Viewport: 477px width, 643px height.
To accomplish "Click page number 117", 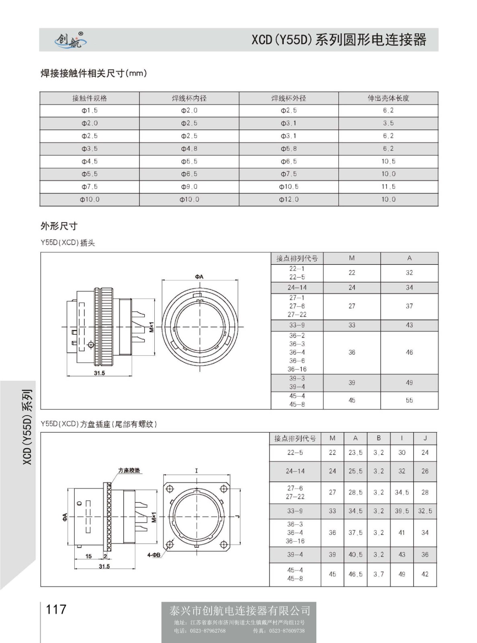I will point(56,609).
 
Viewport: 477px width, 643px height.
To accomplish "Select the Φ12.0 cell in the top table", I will point(289,199).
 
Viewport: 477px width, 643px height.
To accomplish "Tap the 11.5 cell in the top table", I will point(388,186).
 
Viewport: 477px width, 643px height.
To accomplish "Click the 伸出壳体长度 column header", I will point(388,98).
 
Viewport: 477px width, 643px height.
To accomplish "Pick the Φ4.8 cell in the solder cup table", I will point(189,149).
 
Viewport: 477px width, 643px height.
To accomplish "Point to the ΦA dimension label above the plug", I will point(199,276).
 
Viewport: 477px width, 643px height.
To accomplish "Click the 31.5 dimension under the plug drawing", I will point(99,373).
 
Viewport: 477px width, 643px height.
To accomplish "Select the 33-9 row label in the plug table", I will point(297,325).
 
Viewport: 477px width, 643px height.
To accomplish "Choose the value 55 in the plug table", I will point(409,400).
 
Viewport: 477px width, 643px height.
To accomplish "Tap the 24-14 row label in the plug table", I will point(297,287).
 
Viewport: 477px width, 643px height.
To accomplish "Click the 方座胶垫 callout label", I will point(129,470).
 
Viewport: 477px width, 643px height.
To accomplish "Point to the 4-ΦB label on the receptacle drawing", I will point(154,555).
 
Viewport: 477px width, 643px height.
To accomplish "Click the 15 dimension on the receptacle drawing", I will point(88,556).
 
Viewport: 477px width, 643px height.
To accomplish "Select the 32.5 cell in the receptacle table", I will point(425,511).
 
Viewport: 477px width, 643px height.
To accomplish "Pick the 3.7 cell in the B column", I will point(378,574).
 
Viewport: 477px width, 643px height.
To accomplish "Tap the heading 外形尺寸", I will point(59,226).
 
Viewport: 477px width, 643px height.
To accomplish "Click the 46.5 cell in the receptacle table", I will point(355,574).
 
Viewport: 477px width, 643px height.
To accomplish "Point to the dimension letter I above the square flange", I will point(197,470).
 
